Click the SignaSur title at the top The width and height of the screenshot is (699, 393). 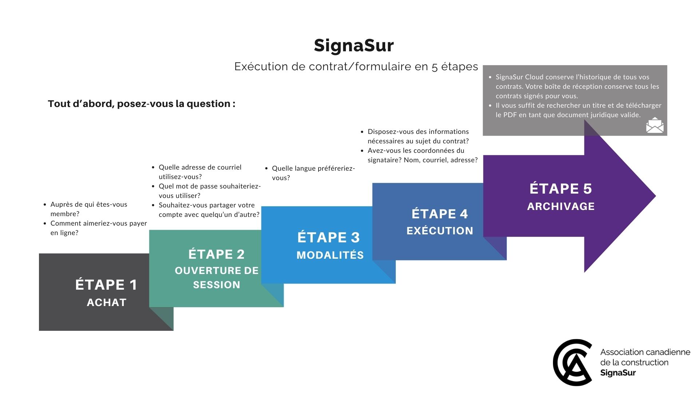click(x=354, y=46)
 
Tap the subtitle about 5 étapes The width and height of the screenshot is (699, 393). click(x=356, y=67)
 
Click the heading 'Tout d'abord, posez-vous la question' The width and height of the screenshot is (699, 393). click(x=141, y=104)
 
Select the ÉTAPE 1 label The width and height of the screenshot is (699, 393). click(x=106, y=285)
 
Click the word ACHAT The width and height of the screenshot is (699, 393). click(x=107, y=302)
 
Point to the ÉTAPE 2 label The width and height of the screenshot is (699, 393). click(x=217, y=254)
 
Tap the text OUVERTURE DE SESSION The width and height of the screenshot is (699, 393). click(x=217, y=278)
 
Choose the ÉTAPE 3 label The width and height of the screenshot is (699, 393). click(x=328, y=237)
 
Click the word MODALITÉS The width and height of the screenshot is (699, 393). click(x=330, y=255)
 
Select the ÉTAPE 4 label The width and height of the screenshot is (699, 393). click(x=440, y=214)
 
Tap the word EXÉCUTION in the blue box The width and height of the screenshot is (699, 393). click(x=440, y=231)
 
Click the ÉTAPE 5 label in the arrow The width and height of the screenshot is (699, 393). click(x=561, y=188)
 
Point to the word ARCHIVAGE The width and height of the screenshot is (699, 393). click(x=561, y=206)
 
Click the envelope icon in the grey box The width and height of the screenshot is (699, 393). click(x=655, y=125)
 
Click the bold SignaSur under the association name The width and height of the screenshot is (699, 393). click(x=618, y=373)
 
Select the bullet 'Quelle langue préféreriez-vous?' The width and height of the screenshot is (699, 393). click(x=313, y=173)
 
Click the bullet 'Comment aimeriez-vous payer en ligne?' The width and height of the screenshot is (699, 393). click(x=98, y=228)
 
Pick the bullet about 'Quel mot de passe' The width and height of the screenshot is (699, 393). click(x=209, y=191)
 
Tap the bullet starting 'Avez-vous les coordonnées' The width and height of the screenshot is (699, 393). click(x=422, y=155)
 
